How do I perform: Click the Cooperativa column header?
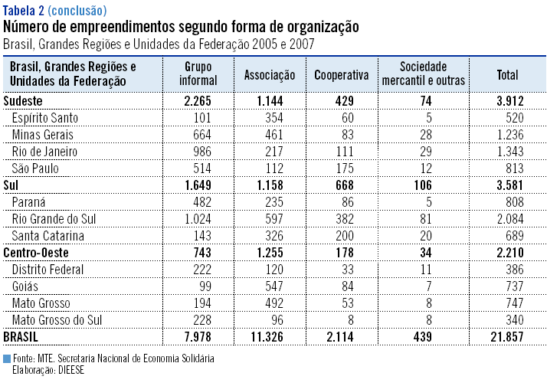point(342,75)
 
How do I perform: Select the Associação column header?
point(270,75)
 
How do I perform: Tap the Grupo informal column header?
point(198,75)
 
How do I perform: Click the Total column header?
point(507,75)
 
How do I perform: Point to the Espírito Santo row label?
point(45,118)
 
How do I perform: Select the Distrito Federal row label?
point(47,270)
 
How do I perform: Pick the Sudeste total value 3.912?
point(509,101)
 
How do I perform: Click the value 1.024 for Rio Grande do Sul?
point(201,219)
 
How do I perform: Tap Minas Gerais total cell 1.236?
point(510,135)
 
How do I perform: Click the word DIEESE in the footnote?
point(68,368)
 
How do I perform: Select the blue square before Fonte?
point(7,358)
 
